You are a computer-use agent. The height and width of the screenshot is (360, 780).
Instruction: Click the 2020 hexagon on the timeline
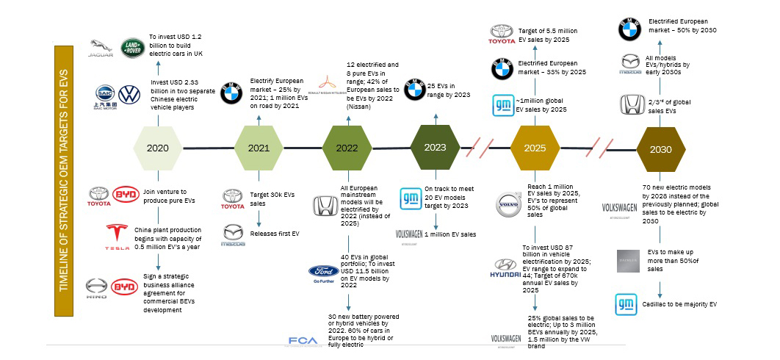point(157,148)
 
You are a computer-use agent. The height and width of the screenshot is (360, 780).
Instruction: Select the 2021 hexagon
point(259,148)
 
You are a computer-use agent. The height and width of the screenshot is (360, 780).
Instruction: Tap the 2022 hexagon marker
point(347,148)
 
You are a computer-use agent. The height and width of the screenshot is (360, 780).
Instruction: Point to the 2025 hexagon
point(535,148)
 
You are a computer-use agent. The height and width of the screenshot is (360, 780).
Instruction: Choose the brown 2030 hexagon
point(660,148)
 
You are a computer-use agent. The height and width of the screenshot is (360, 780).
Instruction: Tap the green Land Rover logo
point(133,48)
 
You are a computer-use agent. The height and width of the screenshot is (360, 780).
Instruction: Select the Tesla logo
point(118,235)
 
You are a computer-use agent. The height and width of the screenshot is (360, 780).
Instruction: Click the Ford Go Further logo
point(324,273)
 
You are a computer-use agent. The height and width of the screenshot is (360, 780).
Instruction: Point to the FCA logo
point(303,341)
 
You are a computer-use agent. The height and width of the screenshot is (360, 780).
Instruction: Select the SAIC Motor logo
point(107,96)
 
